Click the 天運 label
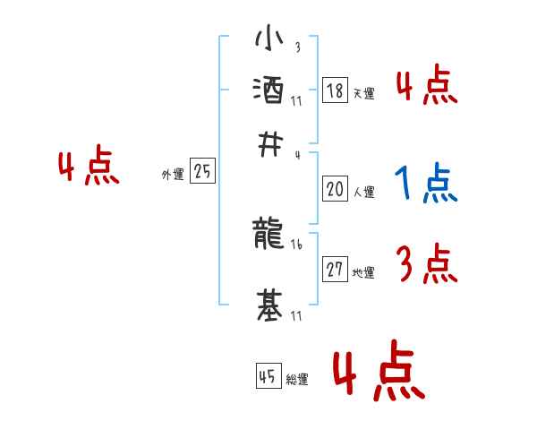[363, 93]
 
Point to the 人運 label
[363, 192]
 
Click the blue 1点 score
[425, 184]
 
